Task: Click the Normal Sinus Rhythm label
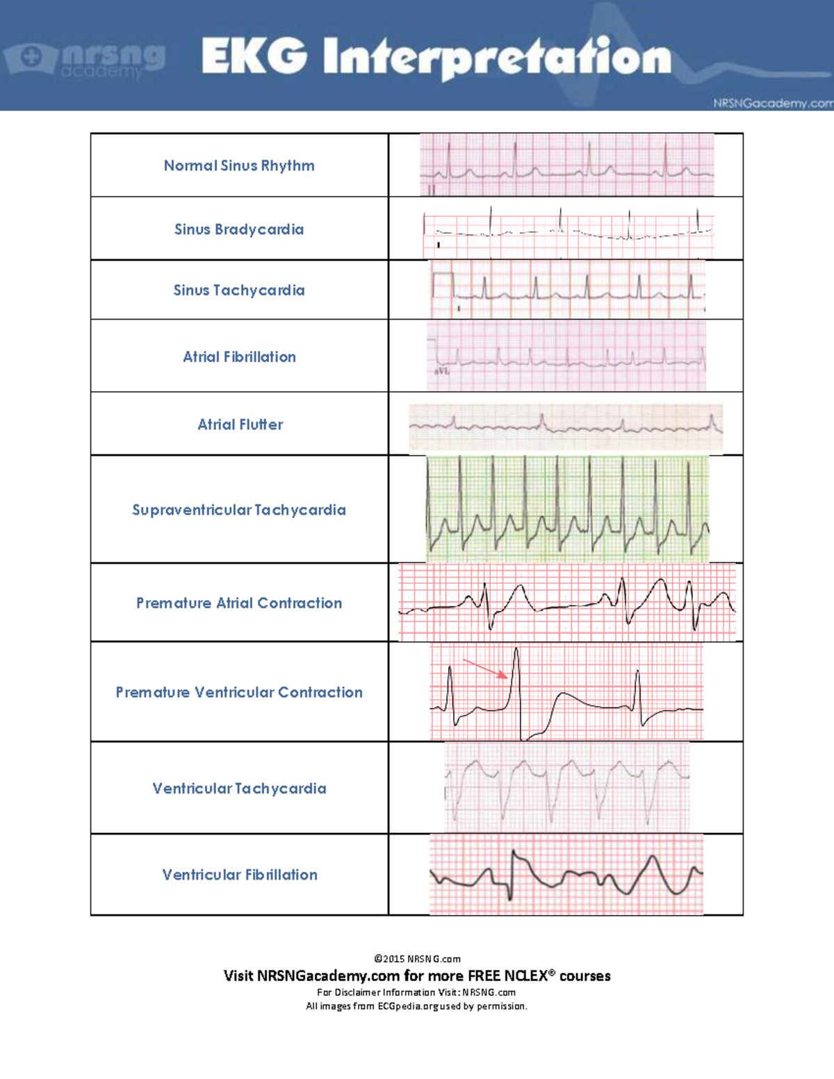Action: [239, 165]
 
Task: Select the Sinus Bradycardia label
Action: [239, 229]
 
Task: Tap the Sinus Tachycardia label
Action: [239, 290]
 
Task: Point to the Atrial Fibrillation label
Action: [239, 357]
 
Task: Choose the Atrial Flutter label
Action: [240, 425]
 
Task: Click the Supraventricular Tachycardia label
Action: [239, 510]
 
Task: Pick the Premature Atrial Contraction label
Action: [239, 603]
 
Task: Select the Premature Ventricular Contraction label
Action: [239, 692]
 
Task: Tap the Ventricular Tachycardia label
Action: [239, 789]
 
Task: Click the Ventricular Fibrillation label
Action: [240, 875]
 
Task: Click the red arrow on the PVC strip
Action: [485, 668]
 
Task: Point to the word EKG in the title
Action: [254, 56]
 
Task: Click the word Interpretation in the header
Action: [498, 58]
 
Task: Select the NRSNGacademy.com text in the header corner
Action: [772, 104]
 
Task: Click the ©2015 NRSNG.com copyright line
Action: [417, 959]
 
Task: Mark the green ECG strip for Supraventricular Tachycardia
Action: [567, 509]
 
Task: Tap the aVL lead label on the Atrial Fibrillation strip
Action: [442, 372]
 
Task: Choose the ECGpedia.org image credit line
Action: [417, 1006]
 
